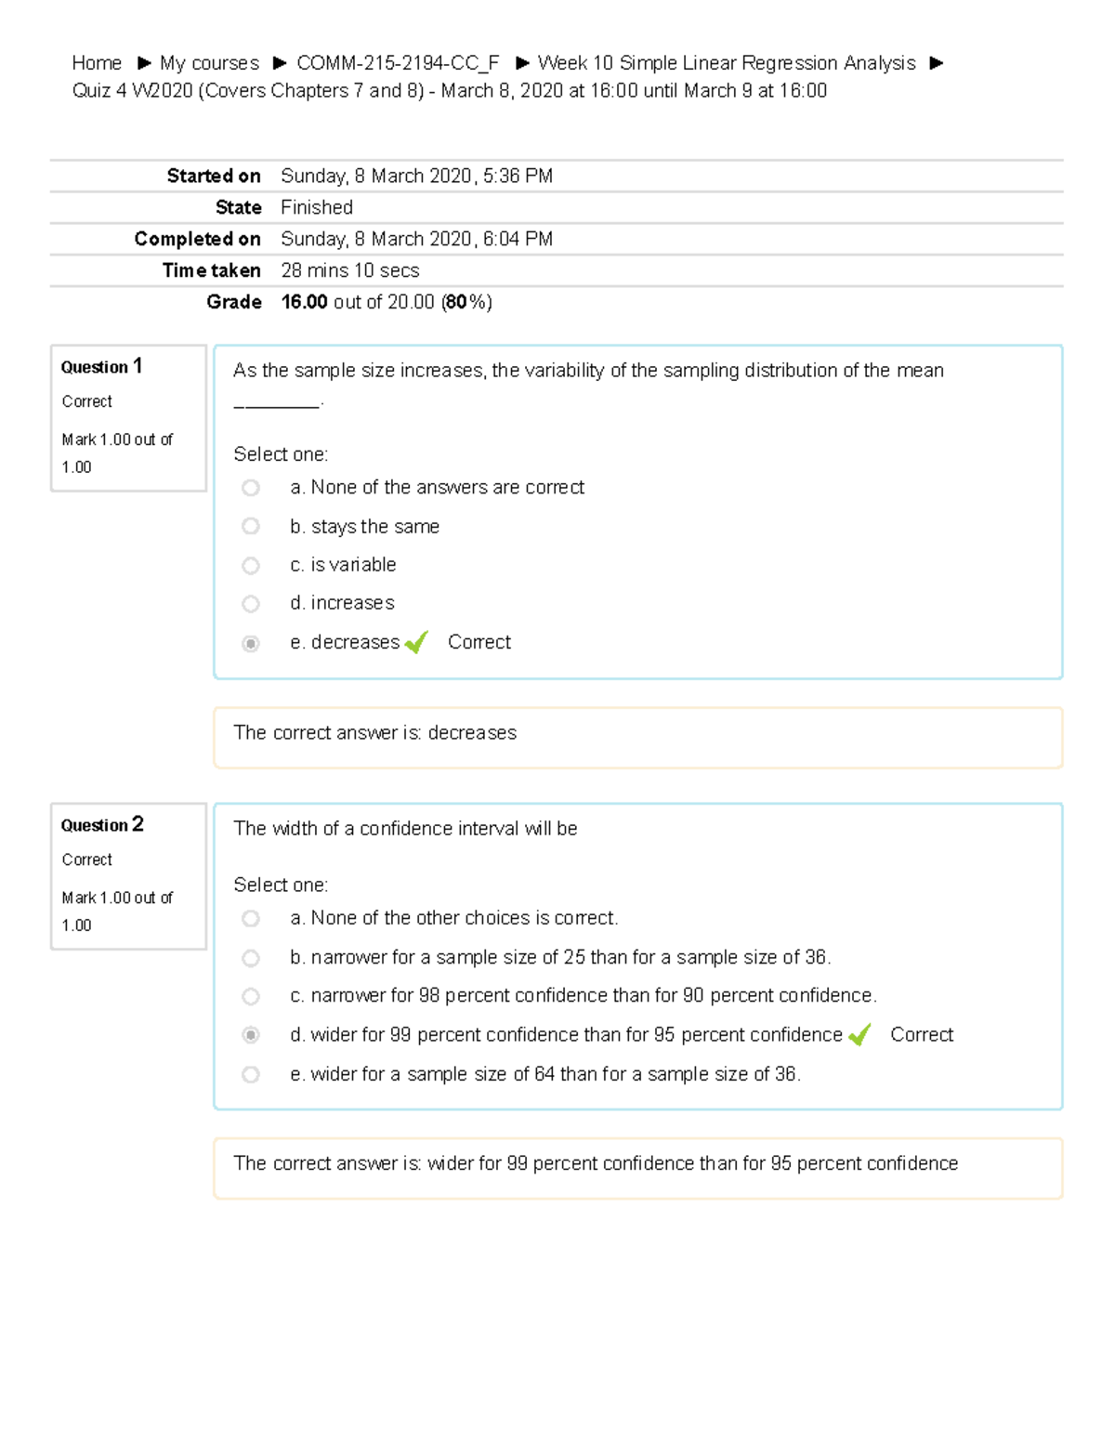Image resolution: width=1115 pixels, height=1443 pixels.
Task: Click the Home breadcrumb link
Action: coord(97,63)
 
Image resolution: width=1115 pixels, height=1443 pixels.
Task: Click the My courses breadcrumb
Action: coord(209,63)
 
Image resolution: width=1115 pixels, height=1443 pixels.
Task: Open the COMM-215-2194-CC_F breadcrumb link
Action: coord(398,63)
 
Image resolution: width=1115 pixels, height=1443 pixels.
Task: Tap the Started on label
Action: coord(213,176)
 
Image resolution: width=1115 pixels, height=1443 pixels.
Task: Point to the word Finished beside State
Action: coord(317,207)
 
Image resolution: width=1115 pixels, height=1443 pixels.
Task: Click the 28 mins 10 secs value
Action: coord(349,270)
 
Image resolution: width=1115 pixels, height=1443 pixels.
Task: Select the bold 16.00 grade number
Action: coord(304,302)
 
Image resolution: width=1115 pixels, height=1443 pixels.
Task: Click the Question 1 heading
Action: coord(101,366)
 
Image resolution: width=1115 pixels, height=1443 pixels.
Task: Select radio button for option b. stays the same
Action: coord(251,526)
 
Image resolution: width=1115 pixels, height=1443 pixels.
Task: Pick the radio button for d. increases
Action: coord(251,604)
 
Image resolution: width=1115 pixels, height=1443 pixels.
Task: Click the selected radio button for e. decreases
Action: coord(251,643)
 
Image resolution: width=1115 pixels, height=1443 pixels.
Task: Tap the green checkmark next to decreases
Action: coord(415,642)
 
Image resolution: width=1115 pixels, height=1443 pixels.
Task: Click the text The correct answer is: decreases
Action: coord(374,733)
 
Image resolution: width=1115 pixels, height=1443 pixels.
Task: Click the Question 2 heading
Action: coord(101,824)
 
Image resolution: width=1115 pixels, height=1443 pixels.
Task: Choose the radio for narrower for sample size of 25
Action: coord(251,957)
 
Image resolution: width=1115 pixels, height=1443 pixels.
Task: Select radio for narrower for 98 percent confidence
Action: coord(251,996)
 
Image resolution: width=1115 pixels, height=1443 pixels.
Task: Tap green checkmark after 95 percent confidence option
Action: coord(859,1034)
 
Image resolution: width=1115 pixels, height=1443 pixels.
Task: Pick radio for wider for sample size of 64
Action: coord(251,1074)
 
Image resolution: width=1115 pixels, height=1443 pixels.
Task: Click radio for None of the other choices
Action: coord(251,918)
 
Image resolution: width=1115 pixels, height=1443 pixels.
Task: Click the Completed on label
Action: coord(197,239)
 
